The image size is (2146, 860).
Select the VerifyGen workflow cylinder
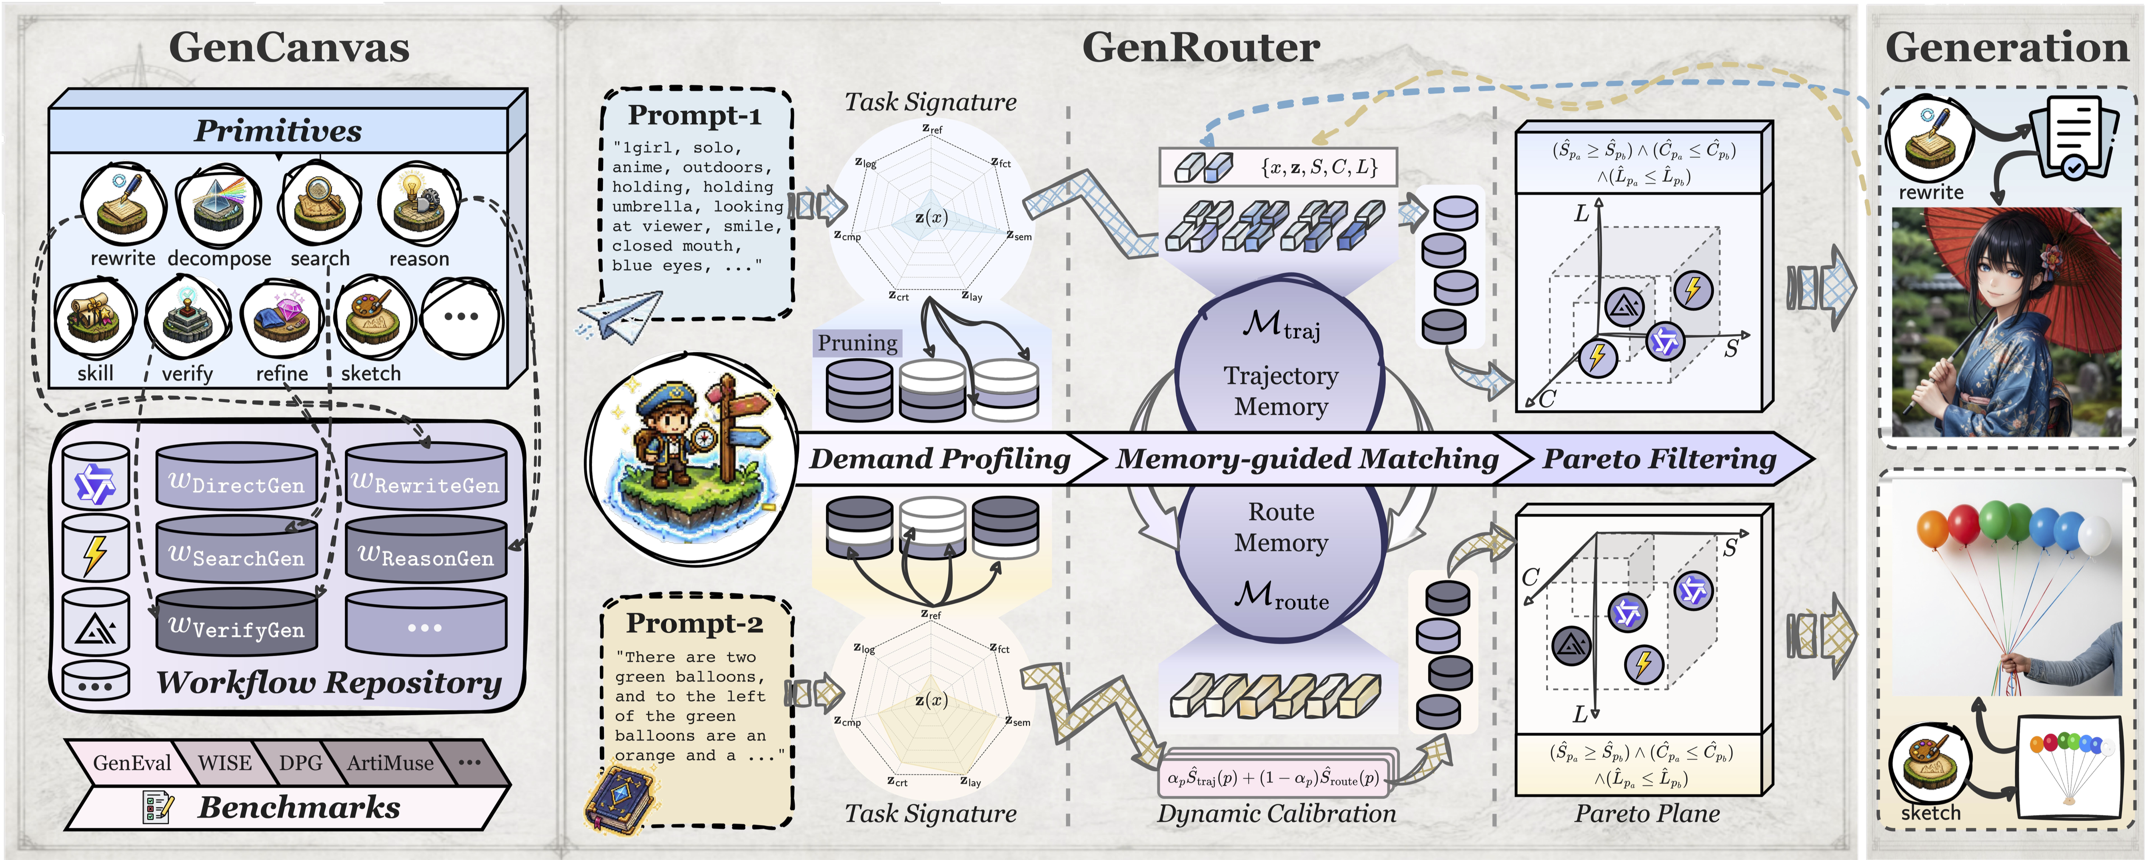pos(237,621)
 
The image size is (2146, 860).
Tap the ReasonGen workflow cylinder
pos(426,548)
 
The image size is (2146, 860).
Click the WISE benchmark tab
pos(225,762)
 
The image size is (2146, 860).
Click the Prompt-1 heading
pos(695,115)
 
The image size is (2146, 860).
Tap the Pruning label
pos(857,343)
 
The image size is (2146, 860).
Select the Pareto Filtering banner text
pos(1659,458)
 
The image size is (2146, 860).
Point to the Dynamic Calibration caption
pos(1276,813)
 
